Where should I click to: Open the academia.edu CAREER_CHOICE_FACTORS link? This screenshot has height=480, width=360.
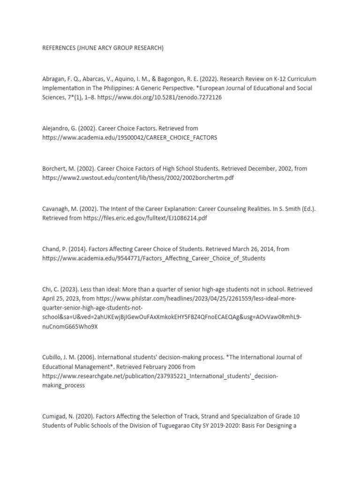130,137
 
